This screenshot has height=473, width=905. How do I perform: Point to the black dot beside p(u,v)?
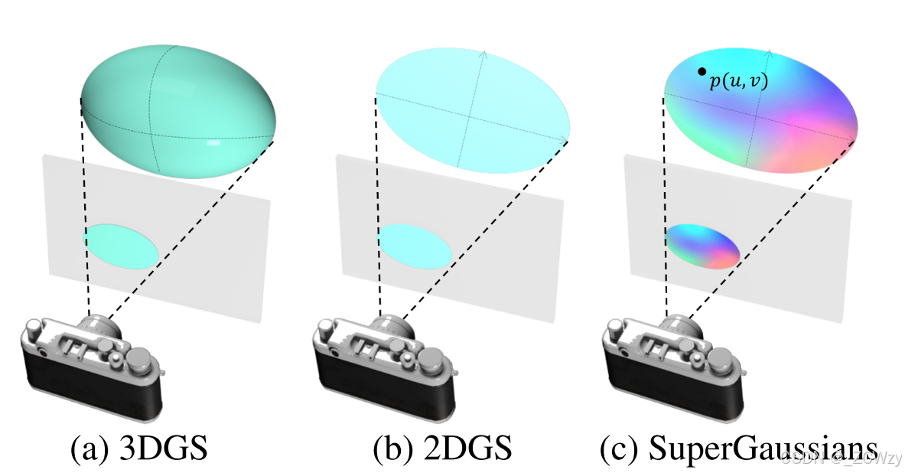tap(702, 72)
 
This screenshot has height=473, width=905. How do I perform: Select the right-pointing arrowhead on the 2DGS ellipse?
tap(567, 139)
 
